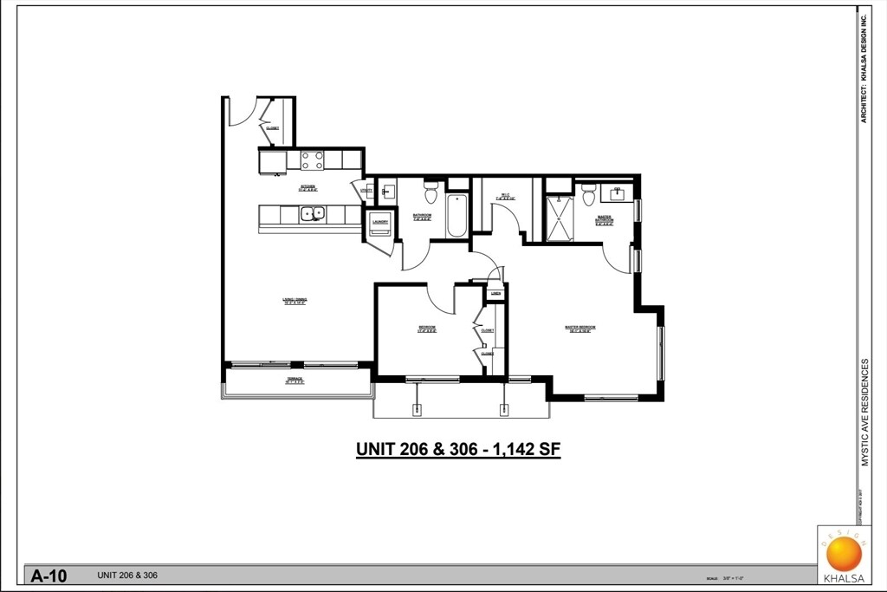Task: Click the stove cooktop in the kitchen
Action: click(312, 160)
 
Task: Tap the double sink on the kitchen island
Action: click(312, 213)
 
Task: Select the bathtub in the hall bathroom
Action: click(457, 215)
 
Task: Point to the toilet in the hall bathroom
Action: click(431, 192)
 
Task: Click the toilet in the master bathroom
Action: click(589, 196)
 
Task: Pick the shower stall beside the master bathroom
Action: click(558, 218)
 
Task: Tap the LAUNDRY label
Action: click(380, 222)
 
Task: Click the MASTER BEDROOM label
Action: click(580, 328)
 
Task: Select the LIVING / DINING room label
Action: click(295, 301)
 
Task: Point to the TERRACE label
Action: click(295, 380)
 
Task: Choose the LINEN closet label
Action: click(495, 294)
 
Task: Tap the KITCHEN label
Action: click(308, 186)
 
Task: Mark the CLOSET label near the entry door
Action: click(273, 127)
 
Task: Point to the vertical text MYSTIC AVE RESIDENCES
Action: click(864, 413)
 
